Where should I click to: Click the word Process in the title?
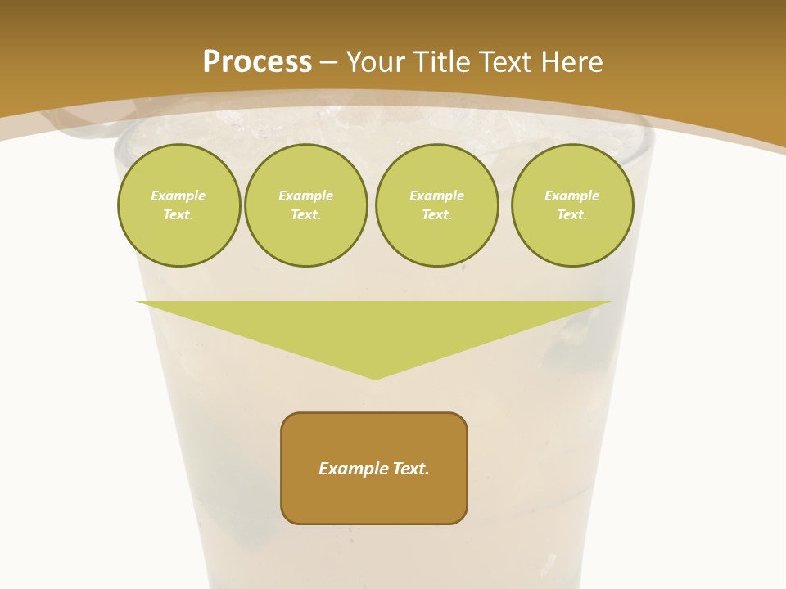(x=257, y=62)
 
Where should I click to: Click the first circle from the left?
(x=178, y=205)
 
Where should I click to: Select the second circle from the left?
(x=305, y=205)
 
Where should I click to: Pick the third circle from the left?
(x=436, y=205)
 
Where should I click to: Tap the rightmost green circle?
(x=571, y=205)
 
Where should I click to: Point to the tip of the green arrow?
(x=375, y=378)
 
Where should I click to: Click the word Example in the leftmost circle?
(x=178, y=196)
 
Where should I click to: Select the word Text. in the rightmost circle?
(x=571, y=215)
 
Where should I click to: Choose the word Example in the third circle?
(x=436, y=196)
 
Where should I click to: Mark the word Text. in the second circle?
(x=305, y=215)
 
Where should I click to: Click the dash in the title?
(x=328, y=62)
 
